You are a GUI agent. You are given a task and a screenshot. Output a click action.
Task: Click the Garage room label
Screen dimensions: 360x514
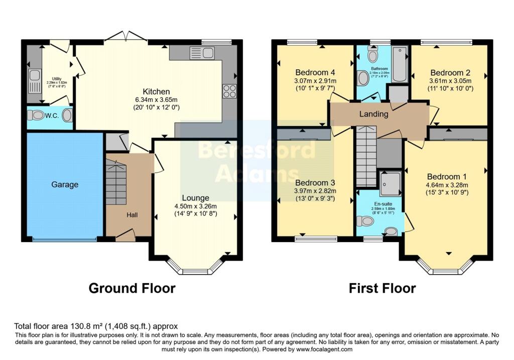pos(65,185)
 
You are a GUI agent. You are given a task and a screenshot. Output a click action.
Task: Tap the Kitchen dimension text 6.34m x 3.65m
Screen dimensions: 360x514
pos(156,99)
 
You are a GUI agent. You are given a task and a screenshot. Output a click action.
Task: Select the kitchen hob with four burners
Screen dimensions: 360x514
pos(229,91)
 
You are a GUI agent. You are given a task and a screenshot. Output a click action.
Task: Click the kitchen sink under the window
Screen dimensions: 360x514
pos(203,53)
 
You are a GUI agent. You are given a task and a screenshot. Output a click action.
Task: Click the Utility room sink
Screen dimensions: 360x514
pos(34,76)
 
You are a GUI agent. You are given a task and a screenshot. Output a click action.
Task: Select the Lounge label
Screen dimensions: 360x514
pos(195,198)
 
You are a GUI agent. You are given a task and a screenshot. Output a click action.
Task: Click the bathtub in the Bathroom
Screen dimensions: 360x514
pos(399,64)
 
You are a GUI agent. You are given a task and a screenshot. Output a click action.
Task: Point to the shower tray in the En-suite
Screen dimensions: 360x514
pos(390,183)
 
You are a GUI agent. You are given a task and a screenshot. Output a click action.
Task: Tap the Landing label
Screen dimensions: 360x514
pos(373,114)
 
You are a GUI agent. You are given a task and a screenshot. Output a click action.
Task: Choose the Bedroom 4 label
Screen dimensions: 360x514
pos(315,72)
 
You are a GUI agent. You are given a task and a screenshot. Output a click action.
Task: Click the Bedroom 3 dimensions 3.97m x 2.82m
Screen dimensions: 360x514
pos(315,191)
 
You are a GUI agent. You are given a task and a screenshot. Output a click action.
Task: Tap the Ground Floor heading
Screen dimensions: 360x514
pos(132,288)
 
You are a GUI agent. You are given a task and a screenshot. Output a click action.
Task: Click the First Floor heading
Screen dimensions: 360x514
pos(382,288)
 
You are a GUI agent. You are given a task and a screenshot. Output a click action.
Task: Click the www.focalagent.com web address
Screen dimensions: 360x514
pos(324,349)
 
